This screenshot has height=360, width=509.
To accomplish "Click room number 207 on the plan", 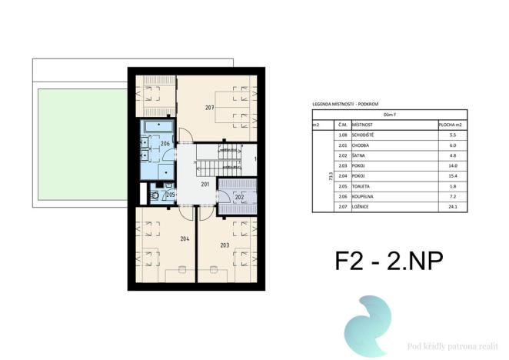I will pyautogui.click(x=209, y=108).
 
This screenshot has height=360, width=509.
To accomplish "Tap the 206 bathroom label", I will pyautogui.click(x=165, y=144).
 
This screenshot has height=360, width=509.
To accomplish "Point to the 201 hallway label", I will pyautogui.click(x=205, y=185).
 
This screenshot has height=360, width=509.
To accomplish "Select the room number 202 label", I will pyautogui.click(x=239, y=197).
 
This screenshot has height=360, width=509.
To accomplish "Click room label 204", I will pyautogui.click(x=185, y=238).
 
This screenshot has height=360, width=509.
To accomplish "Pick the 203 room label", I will pyautogui.click(x=225, y=245).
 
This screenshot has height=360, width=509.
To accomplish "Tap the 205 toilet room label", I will pyautogui.click(x=171, y=195).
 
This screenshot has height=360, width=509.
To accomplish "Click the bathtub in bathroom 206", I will pyautogui.click(x=157, y=126).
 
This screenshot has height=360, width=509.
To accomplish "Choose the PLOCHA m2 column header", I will pyautogui.click(x=449, y=124).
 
